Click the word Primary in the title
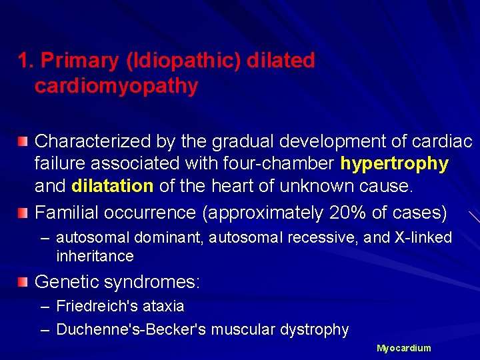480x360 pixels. tap(80, 61)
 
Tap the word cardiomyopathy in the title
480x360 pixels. tap(117, 86)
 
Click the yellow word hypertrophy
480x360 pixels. tap(395, 163)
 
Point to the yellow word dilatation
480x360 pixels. tap(113, 186)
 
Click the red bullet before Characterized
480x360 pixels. tap(23, 142)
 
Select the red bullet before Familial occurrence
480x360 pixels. tap(23, 213)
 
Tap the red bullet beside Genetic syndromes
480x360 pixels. tap(23, 282)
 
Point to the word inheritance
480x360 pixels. tap(95, 256)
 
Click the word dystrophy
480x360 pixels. tap(316, 329)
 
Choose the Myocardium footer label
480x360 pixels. tap(404, 348)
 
